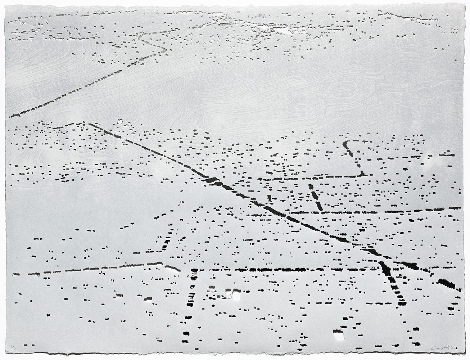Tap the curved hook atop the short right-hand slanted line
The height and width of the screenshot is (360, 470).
(345, 144)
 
